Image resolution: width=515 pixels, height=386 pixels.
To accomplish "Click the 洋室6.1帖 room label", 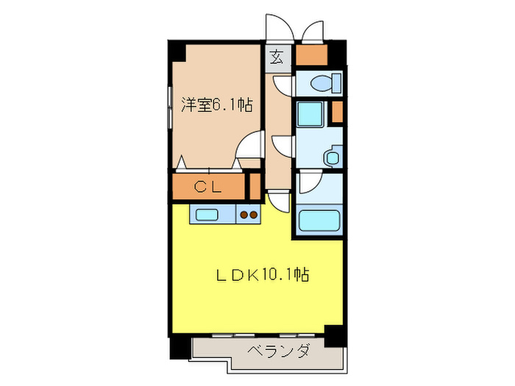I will pyautogui.click(x=217, y=106).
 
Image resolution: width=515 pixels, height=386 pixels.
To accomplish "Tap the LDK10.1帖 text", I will pyautogui.click(x=261, y=276).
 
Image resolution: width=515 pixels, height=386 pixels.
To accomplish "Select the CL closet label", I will pyautogui.click(x=207, y=187).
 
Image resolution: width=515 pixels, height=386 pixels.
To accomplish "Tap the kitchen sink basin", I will pyautogui.click(x=207, y=215).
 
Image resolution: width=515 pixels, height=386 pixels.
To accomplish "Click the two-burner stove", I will pyautogui.click(x=249, y=215).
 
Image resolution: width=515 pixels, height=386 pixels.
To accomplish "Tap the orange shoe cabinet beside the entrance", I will pyautogui.click(x=311, y=54).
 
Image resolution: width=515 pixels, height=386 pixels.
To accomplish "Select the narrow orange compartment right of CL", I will pyautogui.click(x=255, y=185).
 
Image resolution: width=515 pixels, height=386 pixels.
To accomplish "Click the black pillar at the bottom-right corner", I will pyautogui.click(x=335, y=335).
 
